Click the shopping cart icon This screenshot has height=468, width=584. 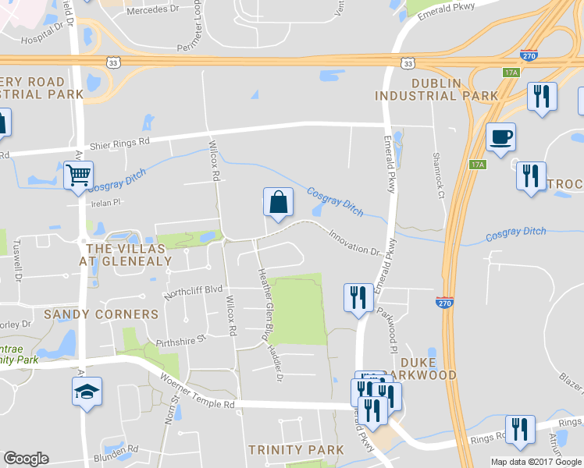tap(78, 175)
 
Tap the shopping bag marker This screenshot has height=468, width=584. tap(278, 202)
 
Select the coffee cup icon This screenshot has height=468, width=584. tap(500, 137)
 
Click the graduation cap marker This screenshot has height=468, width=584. tap(87, 391)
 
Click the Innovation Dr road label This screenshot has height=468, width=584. tap(353, 241)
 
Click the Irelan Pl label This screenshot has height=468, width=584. tap(108, 202)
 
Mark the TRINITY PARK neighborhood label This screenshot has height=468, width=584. tap(295, 450)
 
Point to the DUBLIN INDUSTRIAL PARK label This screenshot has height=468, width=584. tap(436, 88)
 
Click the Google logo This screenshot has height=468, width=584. tap(26, 459)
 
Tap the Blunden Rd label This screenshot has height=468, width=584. tap(115, 450)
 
